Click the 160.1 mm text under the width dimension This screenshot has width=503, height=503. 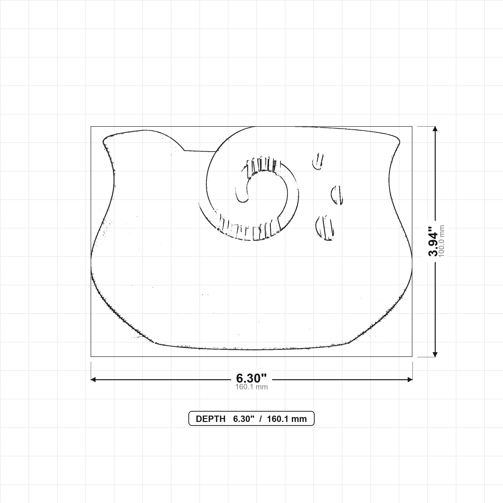pyautogui.click(x=251, y=387)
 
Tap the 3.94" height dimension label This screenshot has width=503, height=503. pyautogui.click(x=433, y=241)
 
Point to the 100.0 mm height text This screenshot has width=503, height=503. pyautogui.click(x=442, y=241)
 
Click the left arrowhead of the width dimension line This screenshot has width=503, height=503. pyautogui.click(x=93, y=380)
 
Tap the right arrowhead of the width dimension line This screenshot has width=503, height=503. pyautogui.click(x=410, y=380)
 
